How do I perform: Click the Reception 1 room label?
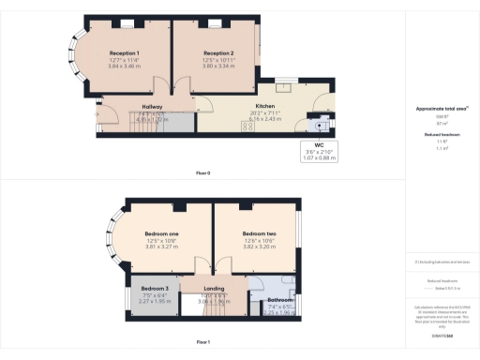coord(125,53)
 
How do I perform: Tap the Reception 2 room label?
coord(218,53)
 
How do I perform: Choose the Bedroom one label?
coord(161,232)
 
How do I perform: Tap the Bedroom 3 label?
coord(156,287)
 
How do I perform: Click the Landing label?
coord(215,287)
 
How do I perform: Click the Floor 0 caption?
coord(202,173)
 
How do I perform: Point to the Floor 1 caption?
coord(202,342)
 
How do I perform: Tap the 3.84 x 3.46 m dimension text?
coord(125,66)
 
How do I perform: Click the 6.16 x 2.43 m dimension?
coord(252,119)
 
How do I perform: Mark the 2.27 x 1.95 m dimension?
coord(156,301)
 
